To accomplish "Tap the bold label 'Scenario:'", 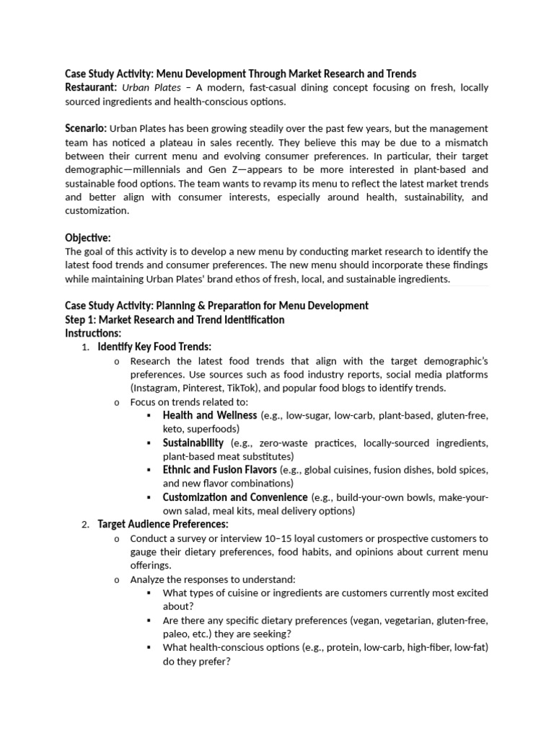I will pos(87,128).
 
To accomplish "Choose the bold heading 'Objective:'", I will pos(88,238).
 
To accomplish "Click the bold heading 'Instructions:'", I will pos(93,333).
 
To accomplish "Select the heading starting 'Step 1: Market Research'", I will pos(175,319).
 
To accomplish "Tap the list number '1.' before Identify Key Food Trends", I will pos(85,347).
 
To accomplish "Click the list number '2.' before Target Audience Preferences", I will pos(85,525).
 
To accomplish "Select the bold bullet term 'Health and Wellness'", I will pos(209,416).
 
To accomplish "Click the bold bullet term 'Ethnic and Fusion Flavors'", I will pos(219,470).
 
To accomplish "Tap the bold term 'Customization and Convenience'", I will pos(234,497).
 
